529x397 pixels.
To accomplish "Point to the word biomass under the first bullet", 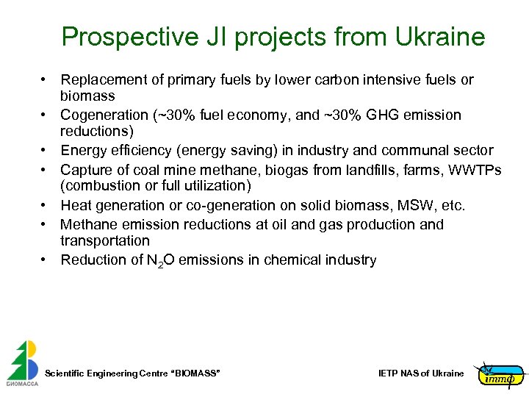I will [87, 96].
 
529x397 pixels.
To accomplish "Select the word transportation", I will [105, 240].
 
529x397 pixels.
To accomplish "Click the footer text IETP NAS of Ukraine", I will [421, 373].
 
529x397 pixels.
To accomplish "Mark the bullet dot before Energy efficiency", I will [45, 151].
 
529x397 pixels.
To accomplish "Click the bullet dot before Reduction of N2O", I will [45, 260].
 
